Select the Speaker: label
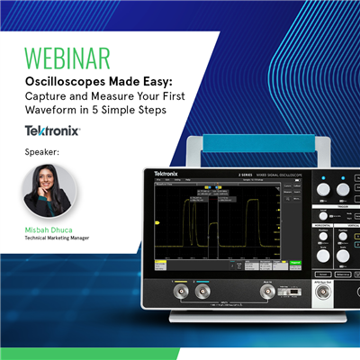tap(42, 152)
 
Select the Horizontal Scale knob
tap(321, 258)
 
